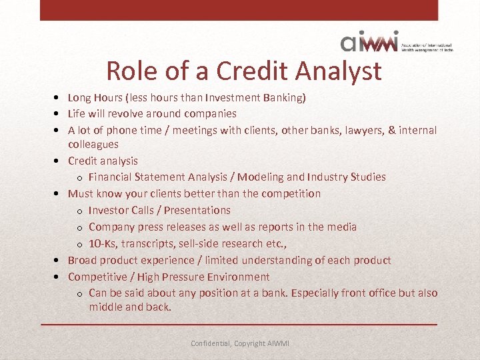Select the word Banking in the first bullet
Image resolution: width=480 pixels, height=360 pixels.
tap(285, 98)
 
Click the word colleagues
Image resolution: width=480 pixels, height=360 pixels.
tap(93, 144)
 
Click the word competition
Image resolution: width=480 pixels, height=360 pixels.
tap(289, 194)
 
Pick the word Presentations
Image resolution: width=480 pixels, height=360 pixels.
tap(195, 211)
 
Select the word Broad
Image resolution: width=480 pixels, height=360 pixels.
tap(82, 261)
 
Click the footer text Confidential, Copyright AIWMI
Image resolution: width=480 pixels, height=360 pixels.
tap(240, 343)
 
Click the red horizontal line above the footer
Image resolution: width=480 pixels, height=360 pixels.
tap(240, 325)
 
